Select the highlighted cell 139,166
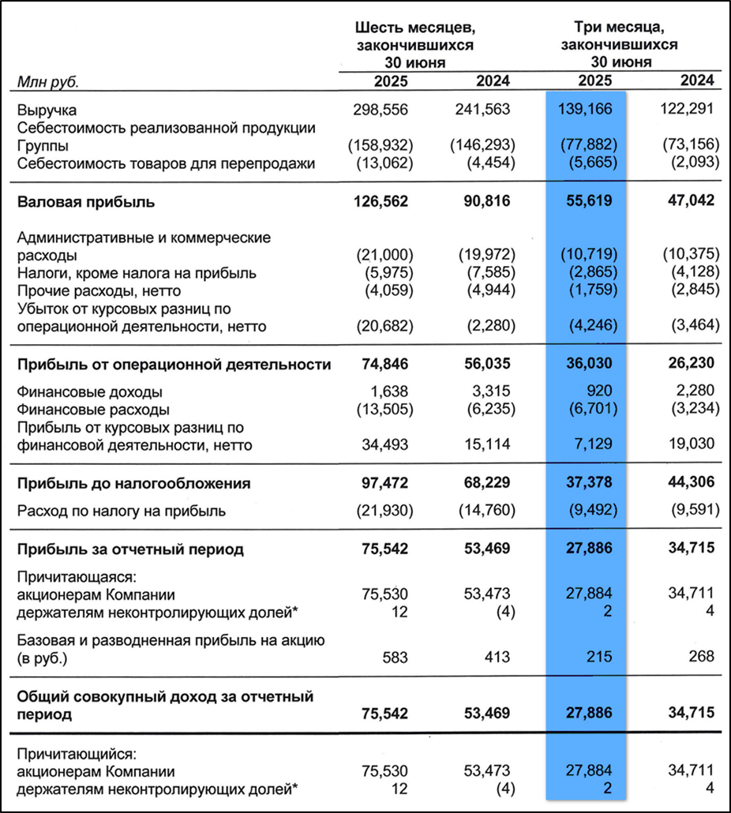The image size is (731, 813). coord(586,109)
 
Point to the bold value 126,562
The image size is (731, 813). coord(377,201)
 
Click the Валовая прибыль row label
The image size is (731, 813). coord(86,201)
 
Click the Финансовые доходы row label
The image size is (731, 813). coord(89,392)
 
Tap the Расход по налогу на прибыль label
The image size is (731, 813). coord(122,511)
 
